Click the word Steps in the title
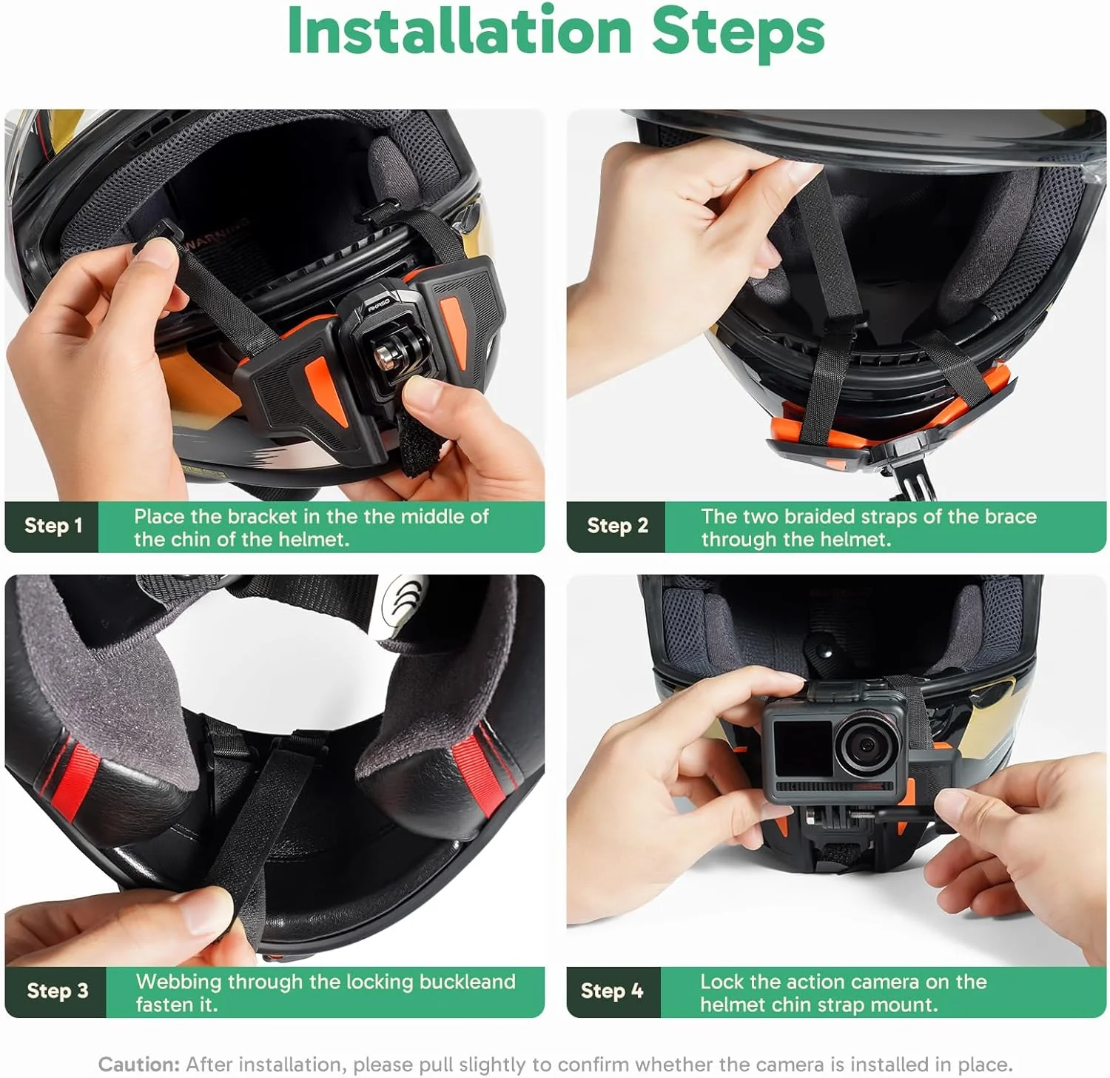click(x=738, y=31)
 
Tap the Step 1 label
click(x=53, y=526)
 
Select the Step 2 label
click(x=617, y=526)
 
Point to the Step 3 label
click(x=57, y=991)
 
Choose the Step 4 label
click(x=612, y=991)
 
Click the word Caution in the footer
click(x=139, y=1065)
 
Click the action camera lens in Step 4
click(x=862, y=746)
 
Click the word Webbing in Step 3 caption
click(x=178, y=982)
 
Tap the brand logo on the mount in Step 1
click(x=378, y=303)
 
